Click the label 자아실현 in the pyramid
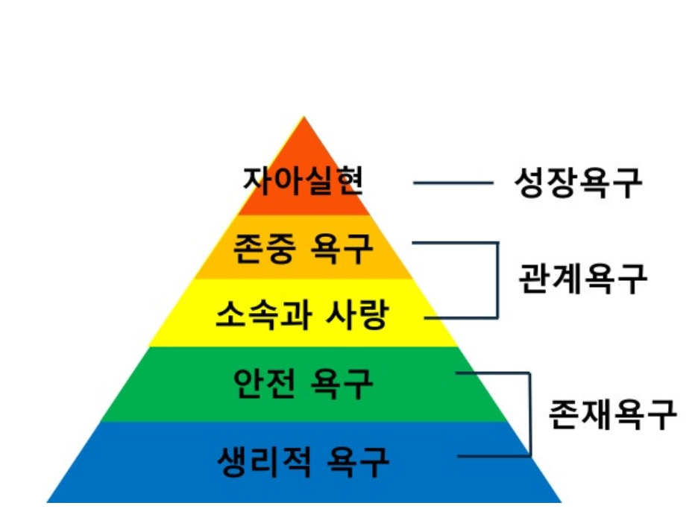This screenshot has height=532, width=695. [x=304, y=180]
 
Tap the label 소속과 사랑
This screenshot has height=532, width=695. [x=302, y=314]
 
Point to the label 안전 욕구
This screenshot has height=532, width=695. [x=304, y=383]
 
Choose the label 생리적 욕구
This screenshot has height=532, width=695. [x=304, y=460]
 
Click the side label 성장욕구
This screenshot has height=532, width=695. [x=578, y=182]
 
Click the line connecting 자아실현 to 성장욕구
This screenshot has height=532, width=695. [x=453, y=183]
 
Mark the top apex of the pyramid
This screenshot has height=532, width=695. [x=304, y=118]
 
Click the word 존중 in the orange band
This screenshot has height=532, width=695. [x=259, y=249]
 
